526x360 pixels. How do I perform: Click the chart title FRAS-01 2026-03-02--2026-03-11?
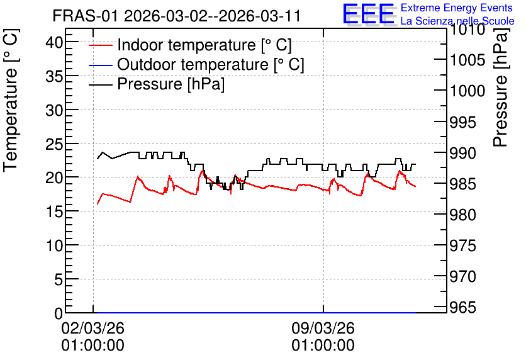[176, 16]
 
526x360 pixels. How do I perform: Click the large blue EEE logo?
[368, 14]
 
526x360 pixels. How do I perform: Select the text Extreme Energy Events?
[457, 8]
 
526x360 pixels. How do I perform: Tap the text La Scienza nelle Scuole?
[457, 21]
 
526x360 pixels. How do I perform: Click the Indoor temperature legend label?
[204, 45]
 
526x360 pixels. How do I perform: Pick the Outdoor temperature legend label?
[211, 64]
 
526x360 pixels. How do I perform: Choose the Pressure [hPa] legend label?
[171, 84]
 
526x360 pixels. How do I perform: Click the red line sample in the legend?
[100, 45]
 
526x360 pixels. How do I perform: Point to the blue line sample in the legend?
[100, 65]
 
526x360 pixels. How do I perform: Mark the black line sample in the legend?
[100, 84]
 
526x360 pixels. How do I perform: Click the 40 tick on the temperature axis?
[54, 42]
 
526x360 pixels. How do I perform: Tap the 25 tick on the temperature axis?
[54, 144]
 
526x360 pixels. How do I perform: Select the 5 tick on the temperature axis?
[59, 279]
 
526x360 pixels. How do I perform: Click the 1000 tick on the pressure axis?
[467, 91]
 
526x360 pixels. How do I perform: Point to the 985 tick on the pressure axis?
[462, 184]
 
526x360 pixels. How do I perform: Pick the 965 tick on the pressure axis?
[462, 307]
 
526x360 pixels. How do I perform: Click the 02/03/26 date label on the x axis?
[93, 328]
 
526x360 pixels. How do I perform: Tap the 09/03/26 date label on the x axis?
[323, 328]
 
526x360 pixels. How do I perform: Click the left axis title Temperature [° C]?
[11, 100]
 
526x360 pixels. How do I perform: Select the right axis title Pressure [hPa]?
[500, 87]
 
